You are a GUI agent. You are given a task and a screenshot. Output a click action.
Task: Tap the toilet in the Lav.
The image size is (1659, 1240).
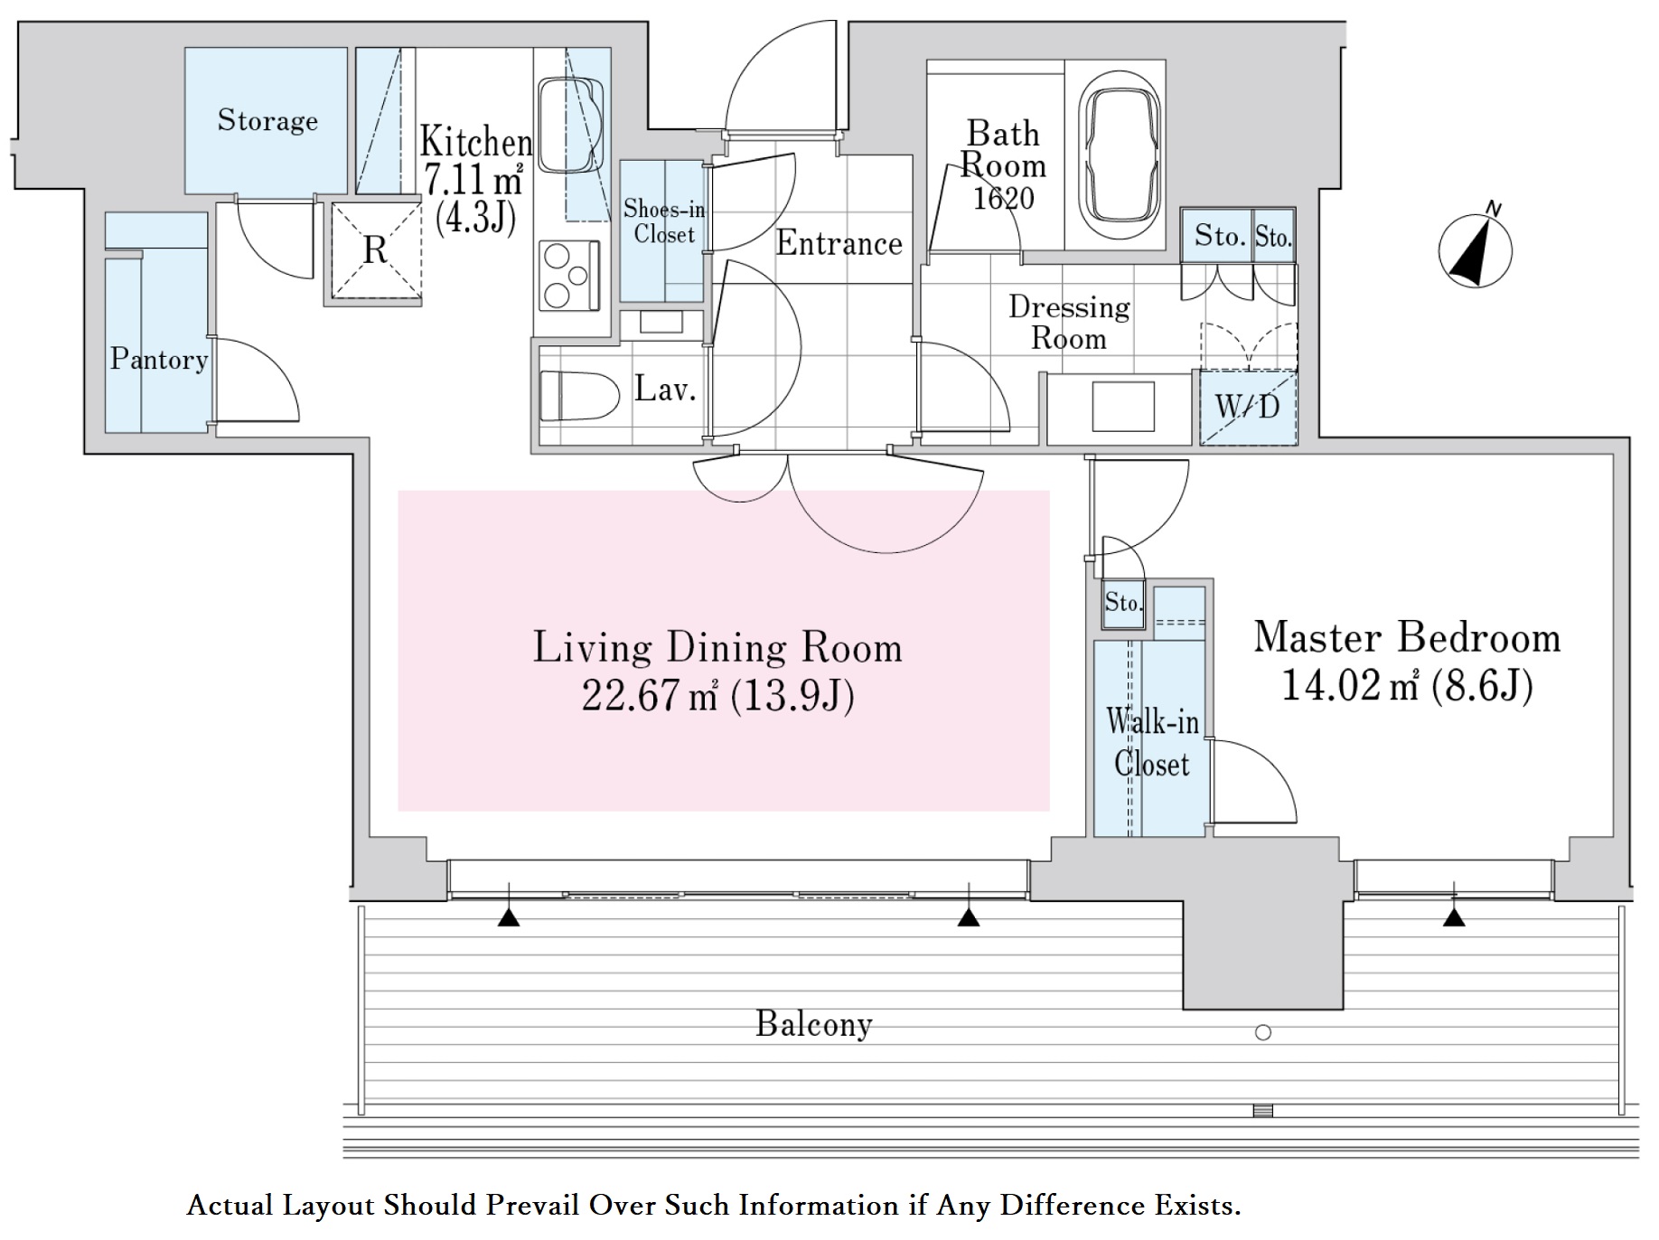[x=578, y=396]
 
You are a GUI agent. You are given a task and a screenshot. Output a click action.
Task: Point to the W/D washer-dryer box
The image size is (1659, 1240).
[x=1248, y=407]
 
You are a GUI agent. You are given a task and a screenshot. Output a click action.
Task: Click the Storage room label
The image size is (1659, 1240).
[x=267, y=120]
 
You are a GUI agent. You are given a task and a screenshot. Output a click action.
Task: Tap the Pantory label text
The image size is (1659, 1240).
[x=159, y=359]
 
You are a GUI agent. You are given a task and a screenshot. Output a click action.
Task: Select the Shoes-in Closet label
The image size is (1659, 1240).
[x=664, y=221]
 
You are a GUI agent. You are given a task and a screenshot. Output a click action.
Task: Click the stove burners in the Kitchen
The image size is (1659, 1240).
[x=568, y=275]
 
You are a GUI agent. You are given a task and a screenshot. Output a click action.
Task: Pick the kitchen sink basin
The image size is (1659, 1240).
[x=570, y=125]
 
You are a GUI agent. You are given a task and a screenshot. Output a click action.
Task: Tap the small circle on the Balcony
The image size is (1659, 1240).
[x=1263, y=1032]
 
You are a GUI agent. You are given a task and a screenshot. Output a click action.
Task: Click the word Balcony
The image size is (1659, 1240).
[x=814, y=1024]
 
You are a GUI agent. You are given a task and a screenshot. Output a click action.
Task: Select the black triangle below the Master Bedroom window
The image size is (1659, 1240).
[x=1454, y=918]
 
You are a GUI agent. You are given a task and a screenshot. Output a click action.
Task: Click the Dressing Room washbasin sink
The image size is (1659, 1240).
[x=1122, y=407]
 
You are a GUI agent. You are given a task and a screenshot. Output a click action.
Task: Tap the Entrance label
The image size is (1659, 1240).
[x=839, y=243]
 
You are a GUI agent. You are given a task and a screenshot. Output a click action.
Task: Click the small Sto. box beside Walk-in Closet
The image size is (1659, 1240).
[x=1123, y=603]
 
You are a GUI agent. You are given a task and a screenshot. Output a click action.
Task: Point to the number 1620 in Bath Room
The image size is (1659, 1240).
[x=1003, y=198]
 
